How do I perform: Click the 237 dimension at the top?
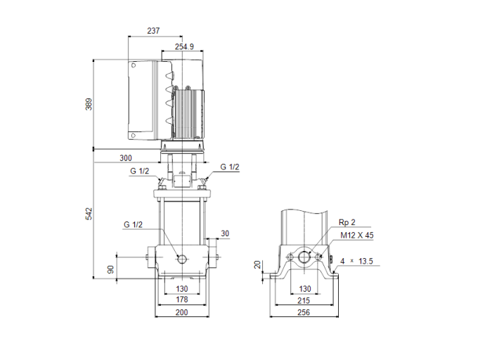(x=154, y=30)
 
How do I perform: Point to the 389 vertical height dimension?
(x=89, y=104)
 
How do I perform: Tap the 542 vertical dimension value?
(x=89, y=214)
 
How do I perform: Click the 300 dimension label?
(x=125, y=158)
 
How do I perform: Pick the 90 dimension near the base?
(x=110, y=269)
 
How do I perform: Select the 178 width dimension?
(x=182, y=300)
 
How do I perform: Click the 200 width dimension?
(x=182, y=312)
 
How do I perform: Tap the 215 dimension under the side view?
(x=304, y=300)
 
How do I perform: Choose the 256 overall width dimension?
(x=304, y=312)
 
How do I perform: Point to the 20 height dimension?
(x=258, y=264)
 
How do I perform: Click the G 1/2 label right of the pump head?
(x=230, y=167)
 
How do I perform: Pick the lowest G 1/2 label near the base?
(x=133, y=224)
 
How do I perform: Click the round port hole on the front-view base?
(x=182, y=258)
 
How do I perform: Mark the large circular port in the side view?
(x=304, y=257)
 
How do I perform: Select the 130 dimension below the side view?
(x=304, y=288)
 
